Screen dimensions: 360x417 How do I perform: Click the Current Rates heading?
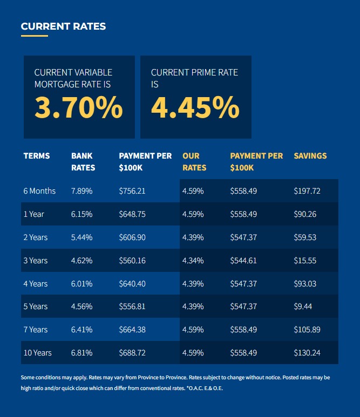pyautogui.click(x=63, y=26)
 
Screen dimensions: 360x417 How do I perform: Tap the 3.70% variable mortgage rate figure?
pyautogui.click(x=79, y=107)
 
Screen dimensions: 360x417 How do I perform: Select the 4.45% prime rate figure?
pyautogui.click(x=195, y=107)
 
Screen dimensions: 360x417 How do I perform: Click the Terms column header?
pyautogui.click(x=37, y=156)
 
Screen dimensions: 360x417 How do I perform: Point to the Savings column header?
pyautogui.click(x=310, y=156)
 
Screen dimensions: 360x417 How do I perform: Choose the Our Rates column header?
pyautogui.click(x=194, y=162)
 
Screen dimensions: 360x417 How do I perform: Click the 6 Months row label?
pyautogui.click(x=39, y=191)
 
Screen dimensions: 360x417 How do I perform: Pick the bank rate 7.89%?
pyautogui.click(x=81, y=191)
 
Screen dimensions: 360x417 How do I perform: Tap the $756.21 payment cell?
pyautogui.click(x=132, y=191)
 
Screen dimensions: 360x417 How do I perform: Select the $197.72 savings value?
pyautogui.click(x=307, y=191)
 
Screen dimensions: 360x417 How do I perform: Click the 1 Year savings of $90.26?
pyautogui.click(x=305, y=214)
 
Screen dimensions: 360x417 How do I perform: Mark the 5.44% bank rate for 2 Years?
pyautogui.click(x=81, y=237)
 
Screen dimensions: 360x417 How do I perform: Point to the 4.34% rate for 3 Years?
pyautogui.click(x=193, y=261)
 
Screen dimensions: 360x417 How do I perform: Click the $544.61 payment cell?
pyautogui.click(x=243, y=261)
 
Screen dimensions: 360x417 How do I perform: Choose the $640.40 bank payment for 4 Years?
pyautogui.click(x=132, y=284)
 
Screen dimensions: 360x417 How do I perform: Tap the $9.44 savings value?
pyautogui.click(x=303, y=306)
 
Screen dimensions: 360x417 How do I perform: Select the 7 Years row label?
pyautogui.click(x=36, y=330)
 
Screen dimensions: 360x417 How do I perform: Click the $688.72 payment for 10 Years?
pyautogui.click(x=132, y=353)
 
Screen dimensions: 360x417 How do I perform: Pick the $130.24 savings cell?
pyautogui.click(x=307, y=353)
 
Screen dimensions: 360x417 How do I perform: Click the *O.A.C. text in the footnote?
pyautogui.click(x=194, y=388)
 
